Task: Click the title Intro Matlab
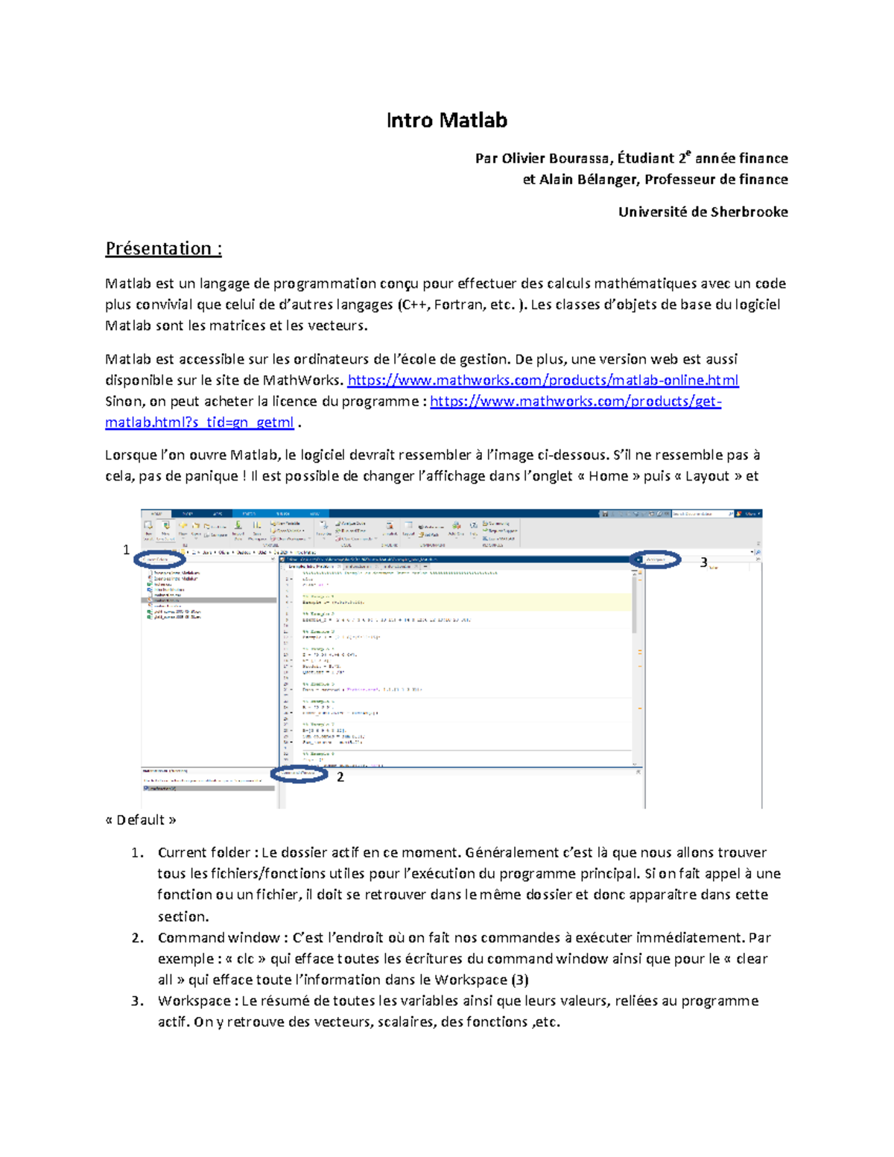(446, 121)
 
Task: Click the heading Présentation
(163, 249)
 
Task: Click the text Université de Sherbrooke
(703, 212)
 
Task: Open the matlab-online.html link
(543, 381)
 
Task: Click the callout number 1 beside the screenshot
(126, 550)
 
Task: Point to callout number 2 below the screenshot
(340, 777)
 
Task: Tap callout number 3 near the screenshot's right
(703, 563)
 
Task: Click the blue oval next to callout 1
(159, 560)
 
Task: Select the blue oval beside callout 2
(299, 774)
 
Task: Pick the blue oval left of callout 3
(656, 559)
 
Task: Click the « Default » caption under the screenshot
(141, 820)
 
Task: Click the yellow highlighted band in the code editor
(462, 601)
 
